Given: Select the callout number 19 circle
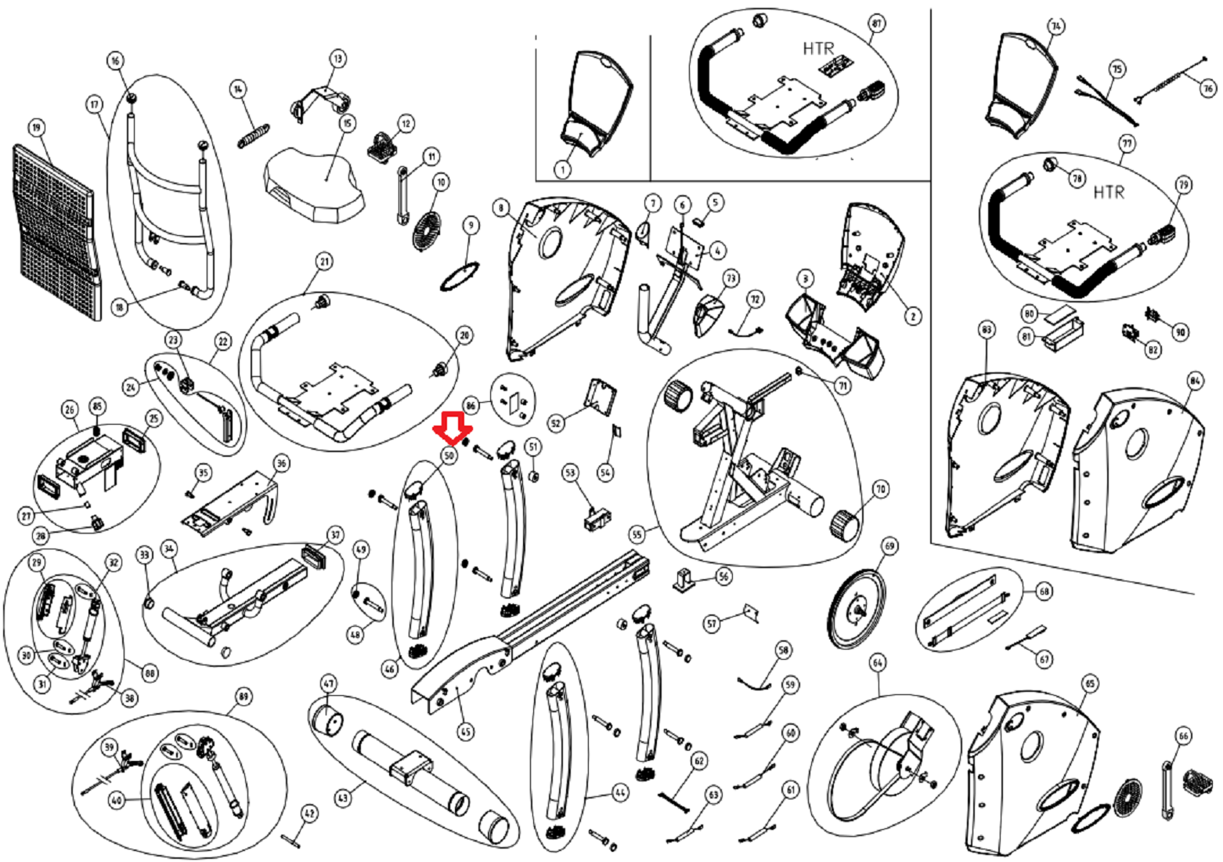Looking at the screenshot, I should [x=36, y=127].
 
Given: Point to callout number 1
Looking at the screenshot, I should [x=561, y=167].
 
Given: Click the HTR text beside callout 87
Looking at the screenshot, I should [x=818, y=49].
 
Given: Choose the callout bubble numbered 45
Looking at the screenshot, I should [x=466, y=732].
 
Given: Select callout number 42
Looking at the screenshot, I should [x=310, y=814].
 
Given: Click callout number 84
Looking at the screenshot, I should [x=1194, y=382].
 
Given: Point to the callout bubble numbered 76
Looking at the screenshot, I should [x=1207, y=89].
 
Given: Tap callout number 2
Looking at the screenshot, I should [x=911, y=317].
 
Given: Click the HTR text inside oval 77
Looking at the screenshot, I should [x=1109, y=192].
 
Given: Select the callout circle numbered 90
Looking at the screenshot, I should [x=1179, y=332].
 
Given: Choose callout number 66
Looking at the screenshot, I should [x=1183, y=736].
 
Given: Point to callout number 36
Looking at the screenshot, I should [x=281, y=463].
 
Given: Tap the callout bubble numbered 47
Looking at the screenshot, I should [x=329, y=684].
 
